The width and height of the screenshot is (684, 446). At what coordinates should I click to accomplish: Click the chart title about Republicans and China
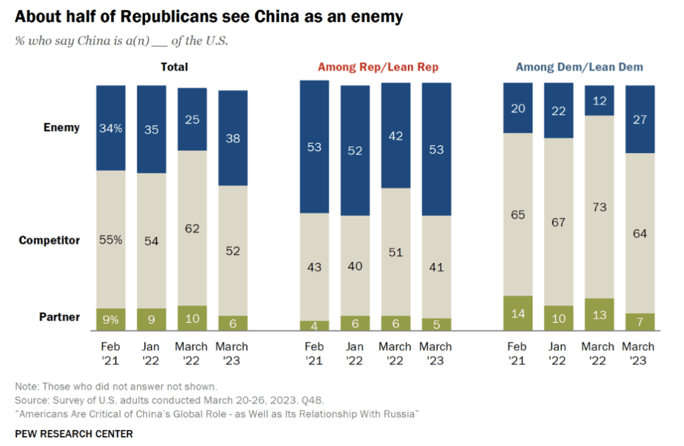(x=209, y=17)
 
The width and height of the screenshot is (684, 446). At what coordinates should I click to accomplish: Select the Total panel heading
(x=174, y=67)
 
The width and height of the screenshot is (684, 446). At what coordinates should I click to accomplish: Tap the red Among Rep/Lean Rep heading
(x=378, y=67)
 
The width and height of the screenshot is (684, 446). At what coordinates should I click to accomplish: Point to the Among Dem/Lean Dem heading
(x=579, y=67)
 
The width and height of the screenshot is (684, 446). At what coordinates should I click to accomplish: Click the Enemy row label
(x=62, y=128)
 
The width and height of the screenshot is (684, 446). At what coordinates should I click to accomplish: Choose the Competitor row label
(x=49, y=240)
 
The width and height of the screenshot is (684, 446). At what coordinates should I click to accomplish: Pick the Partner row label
(x=59, y=317)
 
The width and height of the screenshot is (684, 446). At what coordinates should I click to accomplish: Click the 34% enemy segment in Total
(x=111, y=128)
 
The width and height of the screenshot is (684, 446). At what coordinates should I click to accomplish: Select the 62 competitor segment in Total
(x=192, y=227)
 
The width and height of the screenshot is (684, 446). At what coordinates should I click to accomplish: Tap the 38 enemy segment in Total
(x=233, y=138)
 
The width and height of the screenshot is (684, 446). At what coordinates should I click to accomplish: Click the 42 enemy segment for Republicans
(x=395, y=135)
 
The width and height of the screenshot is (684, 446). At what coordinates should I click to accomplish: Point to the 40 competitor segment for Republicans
(x=354, y=266)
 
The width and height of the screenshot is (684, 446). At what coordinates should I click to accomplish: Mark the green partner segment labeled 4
(x=314, y=325)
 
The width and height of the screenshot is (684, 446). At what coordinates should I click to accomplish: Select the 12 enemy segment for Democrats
(x=599, y=100)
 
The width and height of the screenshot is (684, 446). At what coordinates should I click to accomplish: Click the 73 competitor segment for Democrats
(x=599, y=207)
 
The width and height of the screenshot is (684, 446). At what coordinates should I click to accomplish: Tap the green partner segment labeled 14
(x=518, y=313)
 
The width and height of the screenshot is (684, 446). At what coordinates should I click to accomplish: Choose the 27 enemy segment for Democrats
(x=640, y=119)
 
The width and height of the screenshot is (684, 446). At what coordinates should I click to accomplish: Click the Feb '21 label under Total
(x=111, y=354)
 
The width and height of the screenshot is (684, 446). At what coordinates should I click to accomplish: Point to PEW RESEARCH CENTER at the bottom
(x=74, y=433)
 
